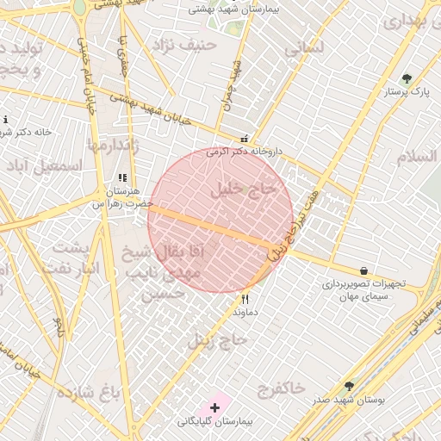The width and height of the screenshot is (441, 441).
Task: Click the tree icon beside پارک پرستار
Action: coord(407,79)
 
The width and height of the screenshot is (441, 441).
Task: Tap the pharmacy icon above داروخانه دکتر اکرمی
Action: coord(245,139)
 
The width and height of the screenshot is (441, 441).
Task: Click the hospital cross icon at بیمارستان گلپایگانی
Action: coord(214,407)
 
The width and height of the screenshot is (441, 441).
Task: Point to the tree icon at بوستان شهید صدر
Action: coord(349,387)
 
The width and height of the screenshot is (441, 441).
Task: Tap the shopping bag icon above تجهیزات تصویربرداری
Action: coord(363,270)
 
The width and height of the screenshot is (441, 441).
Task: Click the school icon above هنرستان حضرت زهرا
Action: coord(122,178)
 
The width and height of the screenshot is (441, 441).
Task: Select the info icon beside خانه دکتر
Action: coord(5,120)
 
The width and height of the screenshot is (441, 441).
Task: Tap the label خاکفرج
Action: coord(281,388)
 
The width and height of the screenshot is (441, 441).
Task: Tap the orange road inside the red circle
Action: coord(215,226)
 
